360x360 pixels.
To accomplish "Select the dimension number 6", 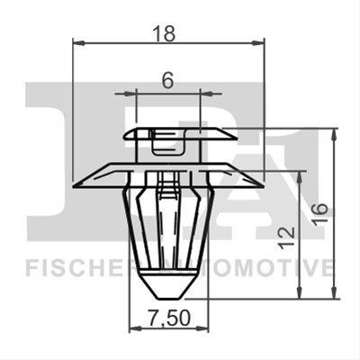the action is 167,80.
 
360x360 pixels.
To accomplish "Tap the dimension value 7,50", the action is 170,318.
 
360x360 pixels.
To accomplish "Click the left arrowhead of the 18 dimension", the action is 78,43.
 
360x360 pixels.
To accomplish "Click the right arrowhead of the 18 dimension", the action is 258,43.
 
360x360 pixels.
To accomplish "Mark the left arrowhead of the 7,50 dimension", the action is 134,329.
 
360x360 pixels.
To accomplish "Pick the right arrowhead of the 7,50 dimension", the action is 203,329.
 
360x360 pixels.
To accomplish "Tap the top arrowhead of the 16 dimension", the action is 334,134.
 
